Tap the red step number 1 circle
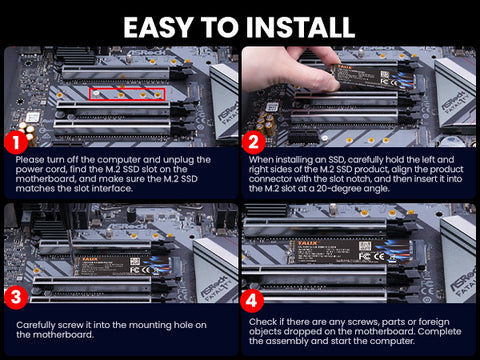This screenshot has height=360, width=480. (16, 143)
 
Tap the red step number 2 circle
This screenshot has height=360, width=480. (253, 142)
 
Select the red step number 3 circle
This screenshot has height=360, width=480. (16, 297)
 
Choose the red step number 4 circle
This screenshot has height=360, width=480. (252, 300)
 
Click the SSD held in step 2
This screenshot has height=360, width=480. (373, 77)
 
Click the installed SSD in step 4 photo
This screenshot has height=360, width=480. (350, 252)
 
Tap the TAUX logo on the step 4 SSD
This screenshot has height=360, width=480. (307, 243)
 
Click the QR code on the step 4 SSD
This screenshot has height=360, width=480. (365, 246)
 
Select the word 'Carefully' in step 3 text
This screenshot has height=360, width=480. (36, 325)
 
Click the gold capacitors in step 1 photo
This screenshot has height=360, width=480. (27, 132)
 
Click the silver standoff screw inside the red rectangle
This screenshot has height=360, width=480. (96, 94)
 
